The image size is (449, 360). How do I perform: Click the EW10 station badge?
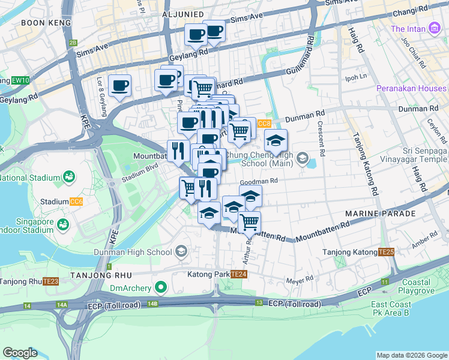tap(20, 80)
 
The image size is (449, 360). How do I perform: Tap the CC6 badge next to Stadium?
tap(76, 202)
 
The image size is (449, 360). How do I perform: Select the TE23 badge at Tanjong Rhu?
tap(51, 281)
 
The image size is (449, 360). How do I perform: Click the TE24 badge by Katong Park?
tap(239, 274)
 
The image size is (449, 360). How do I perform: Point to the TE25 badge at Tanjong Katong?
tap(385, 252)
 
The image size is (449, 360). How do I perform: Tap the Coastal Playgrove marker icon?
tap(424, 282)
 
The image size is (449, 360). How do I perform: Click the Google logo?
tap(19, 353)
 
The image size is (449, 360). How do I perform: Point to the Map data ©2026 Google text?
tap(411, 355)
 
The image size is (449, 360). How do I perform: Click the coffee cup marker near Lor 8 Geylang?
tap(119, 85)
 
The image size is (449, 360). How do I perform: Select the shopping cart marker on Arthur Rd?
tap(249, 223)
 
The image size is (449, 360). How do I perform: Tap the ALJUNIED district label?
tap(183, 13)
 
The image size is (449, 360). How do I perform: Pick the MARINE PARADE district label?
tap(380, 214)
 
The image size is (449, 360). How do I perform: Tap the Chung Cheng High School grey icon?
tap(303, 159)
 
